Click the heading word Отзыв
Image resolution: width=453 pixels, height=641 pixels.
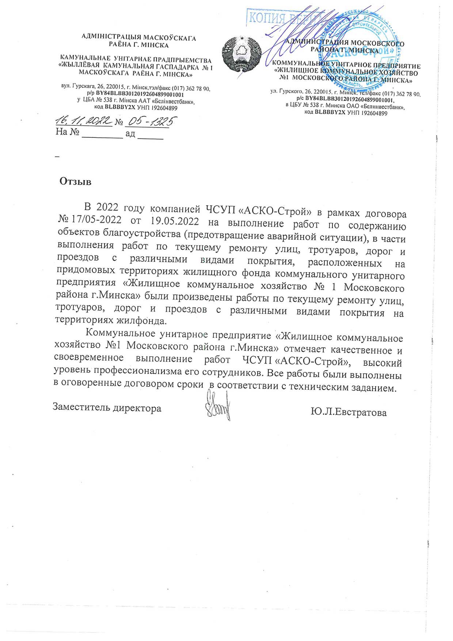pyautogui.click(x=75, y=182)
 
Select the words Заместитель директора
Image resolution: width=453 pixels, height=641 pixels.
pyautogui.click(x=107, y=407)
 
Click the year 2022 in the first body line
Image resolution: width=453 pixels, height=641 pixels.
pyautogui.click(x=107, y=207)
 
